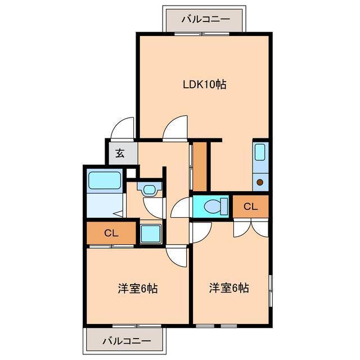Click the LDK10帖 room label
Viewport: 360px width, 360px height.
pyautogui.click(x=204, y=85)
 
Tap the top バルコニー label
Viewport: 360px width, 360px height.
pyautogui.click(x=205, y=19)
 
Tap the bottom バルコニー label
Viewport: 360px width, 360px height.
pyautogui.click(x=127, y=341)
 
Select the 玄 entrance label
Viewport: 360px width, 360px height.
pyautogui.click(x=120, y=152)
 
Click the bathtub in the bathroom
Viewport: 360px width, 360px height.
pyautogui.click(x=105, y=181)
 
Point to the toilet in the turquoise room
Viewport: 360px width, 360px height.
pyautogui.click(x=213, y=206)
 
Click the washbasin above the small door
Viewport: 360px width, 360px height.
pyautogui.click(x=149, y=188)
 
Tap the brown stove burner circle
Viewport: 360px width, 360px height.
pyautogui.click(x=260, y=182)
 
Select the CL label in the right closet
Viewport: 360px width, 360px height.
pyautogui.click(x=250, y=206)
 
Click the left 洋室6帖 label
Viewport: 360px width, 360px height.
pyautogui.click(x=137, y=289)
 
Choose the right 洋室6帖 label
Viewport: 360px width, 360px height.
pyautogui.click(x=229, y=288)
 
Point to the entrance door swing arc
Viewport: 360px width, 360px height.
pyautogui.click(x=122, y=128)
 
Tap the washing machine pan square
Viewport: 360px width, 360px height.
pyautogui.click(x=150, y=233)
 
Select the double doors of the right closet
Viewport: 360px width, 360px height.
pyautogui.click(x=251, y=227)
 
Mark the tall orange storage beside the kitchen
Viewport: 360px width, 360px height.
pyautogui.click(x=200, y=166)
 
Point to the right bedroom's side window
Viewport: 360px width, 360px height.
pyautogui.click(x=271, y=291)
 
